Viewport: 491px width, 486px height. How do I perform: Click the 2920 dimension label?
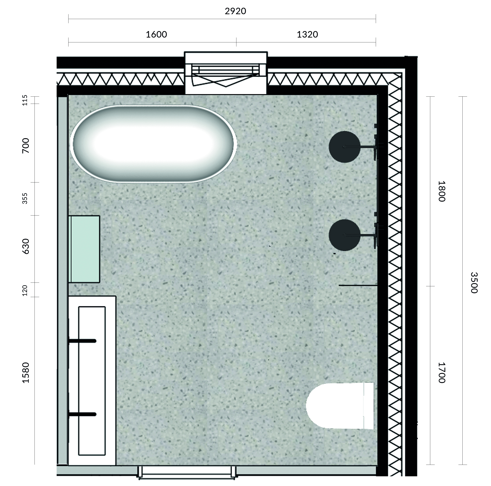point(235,11)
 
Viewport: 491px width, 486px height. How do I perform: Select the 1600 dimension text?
point(156,34)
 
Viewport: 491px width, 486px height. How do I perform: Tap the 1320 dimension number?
point(307,34)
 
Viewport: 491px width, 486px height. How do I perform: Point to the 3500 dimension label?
point(474,283)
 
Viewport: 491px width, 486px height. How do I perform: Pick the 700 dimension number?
point(26,146)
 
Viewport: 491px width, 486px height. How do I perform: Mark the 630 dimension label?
point(26,246)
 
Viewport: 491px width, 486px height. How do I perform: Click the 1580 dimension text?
point(26,373)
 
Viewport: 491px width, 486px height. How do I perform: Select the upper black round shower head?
point(345,147)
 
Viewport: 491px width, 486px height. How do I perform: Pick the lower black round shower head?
point(345,235)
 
